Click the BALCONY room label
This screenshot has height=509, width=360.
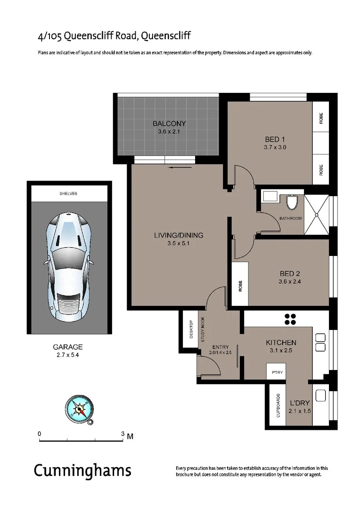[x=169, y=124]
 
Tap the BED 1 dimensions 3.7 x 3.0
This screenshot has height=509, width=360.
[x=276, y=147]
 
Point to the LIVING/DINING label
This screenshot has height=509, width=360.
[x=179, y=236]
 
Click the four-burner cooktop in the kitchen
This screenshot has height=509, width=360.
[x=290, y=319]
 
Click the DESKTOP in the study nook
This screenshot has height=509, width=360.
[x=191, y=329]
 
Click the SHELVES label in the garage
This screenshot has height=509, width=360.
[x=69, y=194]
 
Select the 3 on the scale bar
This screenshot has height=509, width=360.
[x=123, y=434]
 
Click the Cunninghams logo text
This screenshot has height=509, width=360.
[x=82, y=470]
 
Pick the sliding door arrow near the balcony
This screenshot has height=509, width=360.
[x=181, y=167]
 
